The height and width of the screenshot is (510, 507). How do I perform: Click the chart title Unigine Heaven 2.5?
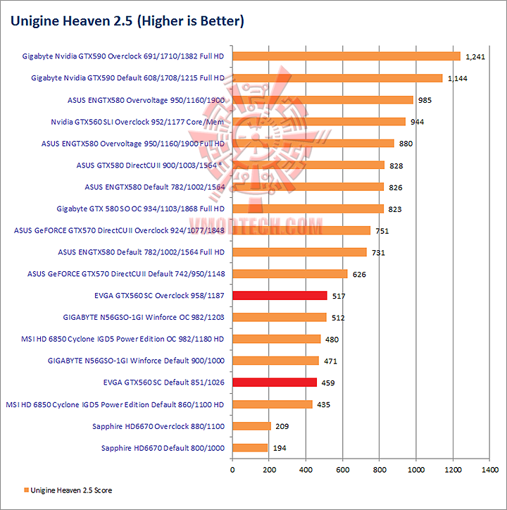[127, 21]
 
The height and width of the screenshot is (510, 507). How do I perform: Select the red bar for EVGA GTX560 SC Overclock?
[280, 296]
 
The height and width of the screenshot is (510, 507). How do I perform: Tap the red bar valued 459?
[275, 382]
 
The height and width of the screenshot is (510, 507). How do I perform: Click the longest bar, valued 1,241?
[346, 56]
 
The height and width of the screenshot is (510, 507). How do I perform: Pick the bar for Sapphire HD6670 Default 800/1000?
[250, 448]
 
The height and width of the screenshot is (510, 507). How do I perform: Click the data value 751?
[382, 230]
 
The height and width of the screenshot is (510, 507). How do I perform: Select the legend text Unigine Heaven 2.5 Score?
[72, 490]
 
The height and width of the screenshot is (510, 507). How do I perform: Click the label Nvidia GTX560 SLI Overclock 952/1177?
[137, 122]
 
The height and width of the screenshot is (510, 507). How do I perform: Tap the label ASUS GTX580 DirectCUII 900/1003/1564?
[150, 166]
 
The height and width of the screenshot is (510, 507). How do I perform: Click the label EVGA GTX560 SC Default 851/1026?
[158, 382]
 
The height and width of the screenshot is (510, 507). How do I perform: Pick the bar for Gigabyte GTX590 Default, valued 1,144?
[337, 78]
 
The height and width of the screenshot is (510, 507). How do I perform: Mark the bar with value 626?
[290, 274]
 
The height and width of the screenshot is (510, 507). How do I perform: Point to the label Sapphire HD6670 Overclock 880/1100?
[158, 426]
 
